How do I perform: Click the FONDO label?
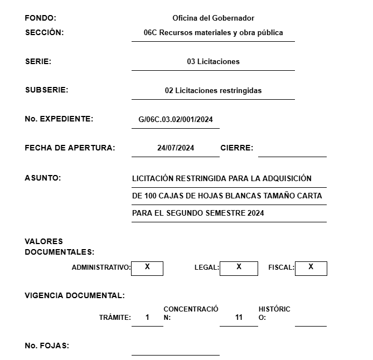[x=41, y=18]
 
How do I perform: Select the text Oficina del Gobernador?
[x=214, y=18]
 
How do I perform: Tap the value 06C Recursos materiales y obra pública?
[x=213, y=33]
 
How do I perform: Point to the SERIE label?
[x=38, y=62]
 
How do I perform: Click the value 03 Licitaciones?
[x=213, y=62]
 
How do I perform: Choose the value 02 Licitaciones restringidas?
[x=213, y=90]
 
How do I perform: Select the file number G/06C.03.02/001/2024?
[x=176, y=119]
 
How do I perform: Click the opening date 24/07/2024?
[x=176, y=148]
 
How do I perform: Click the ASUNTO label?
[x=43, y=178]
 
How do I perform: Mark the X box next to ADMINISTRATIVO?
[x=147, y=267]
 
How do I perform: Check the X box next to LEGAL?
[x=239, y=267]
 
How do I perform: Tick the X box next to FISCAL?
[x=311, y=267]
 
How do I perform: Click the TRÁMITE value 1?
[x=147, y=318]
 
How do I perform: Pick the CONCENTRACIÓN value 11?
[x=239, y=318]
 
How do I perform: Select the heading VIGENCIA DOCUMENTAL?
[x=75, y=295]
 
